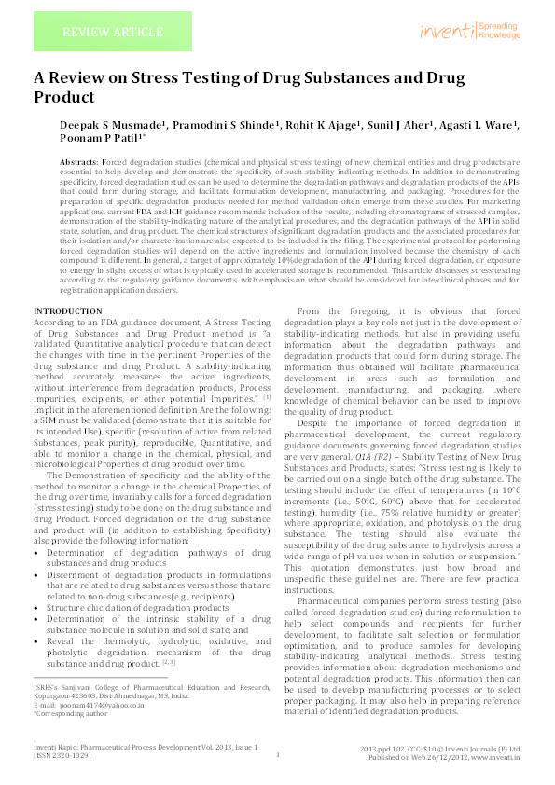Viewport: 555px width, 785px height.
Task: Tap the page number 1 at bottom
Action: tap(278, 755)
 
